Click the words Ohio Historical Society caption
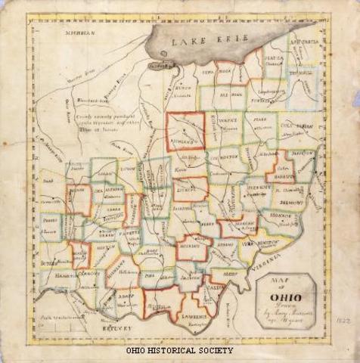pos(179,351)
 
